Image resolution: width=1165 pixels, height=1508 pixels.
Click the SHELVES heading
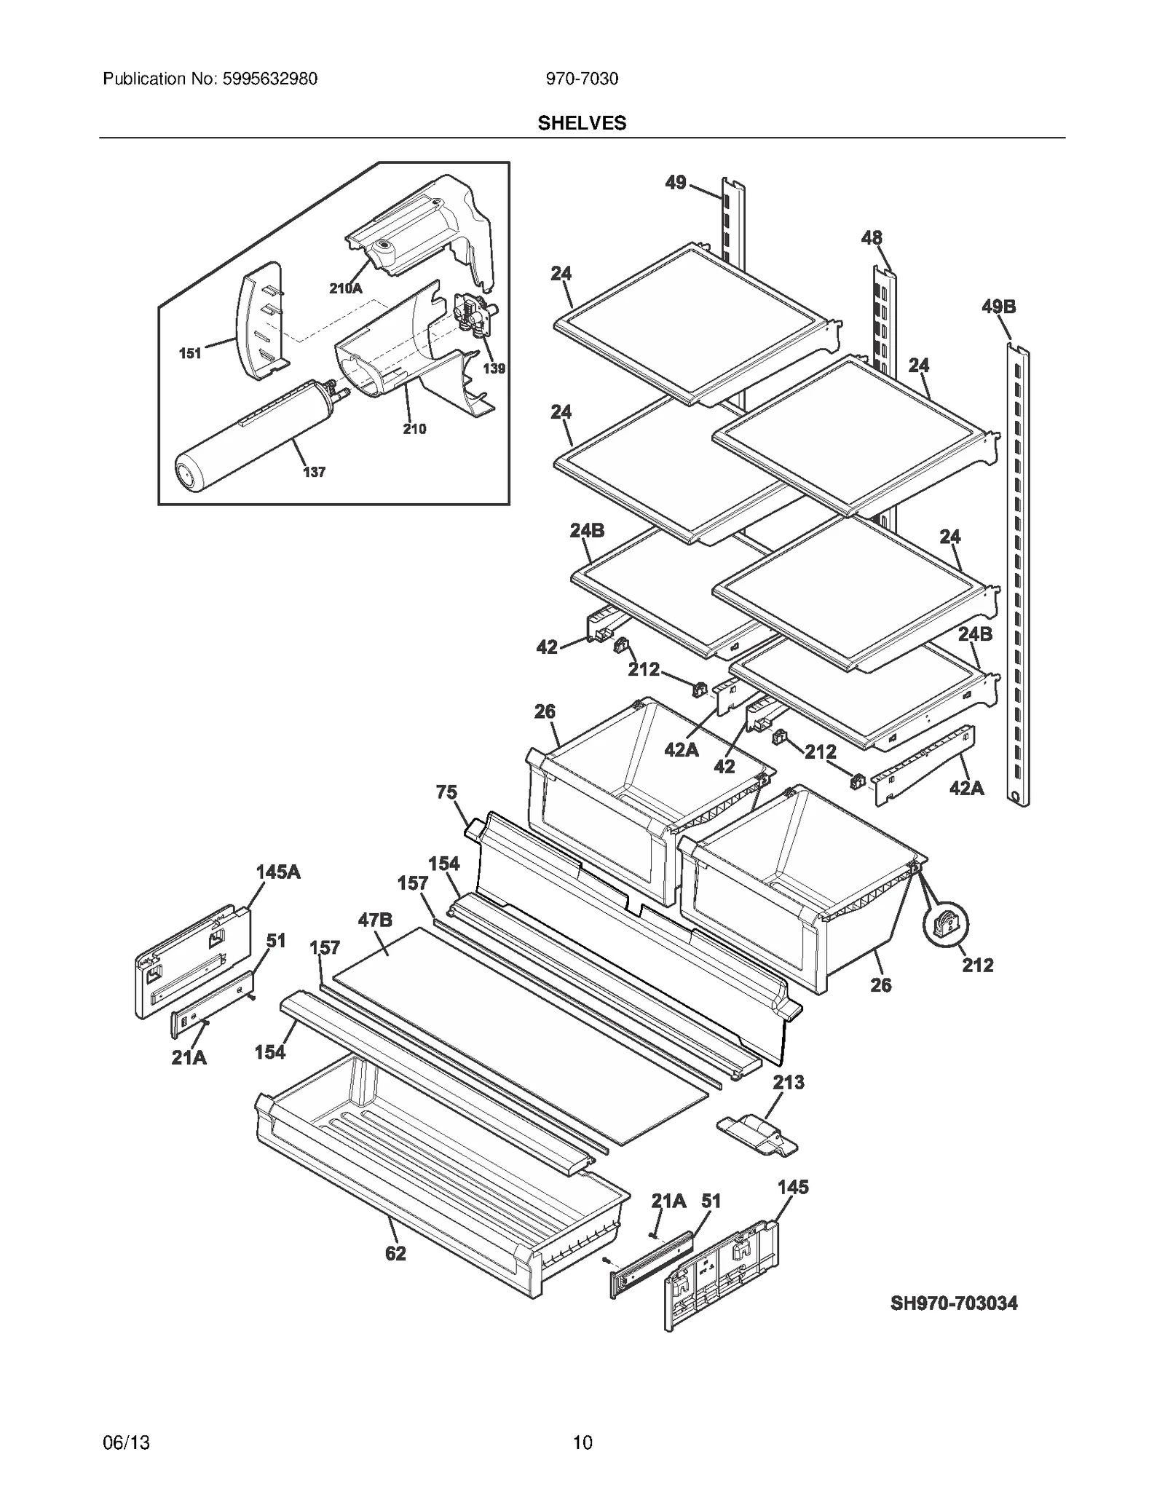(x=581, y=123)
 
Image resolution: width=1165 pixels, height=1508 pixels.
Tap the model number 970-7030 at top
(x=582, y=79)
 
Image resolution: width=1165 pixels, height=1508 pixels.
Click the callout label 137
(x=314, y=472)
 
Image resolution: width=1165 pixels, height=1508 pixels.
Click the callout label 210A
(x=345, y=288)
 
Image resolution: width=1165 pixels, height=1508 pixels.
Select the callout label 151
(x=190, y=353)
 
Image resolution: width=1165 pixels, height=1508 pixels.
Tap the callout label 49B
(x=998, y=307)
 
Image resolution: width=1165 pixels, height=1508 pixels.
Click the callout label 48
(x=871, y=237)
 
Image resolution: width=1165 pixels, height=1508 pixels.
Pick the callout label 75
(x=446, y=791)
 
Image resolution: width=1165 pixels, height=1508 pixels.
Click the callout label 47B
(x=375, y=920)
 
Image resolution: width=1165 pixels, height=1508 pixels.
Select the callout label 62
(x=395, y=1253)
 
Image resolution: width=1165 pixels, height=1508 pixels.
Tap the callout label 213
(x=788, y=1102)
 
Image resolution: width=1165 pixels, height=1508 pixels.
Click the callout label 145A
(x=277, y=872)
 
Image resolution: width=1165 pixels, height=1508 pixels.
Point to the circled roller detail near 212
(x=945, y=925)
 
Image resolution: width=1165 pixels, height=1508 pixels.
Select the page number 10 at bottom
(x=582, y=1442)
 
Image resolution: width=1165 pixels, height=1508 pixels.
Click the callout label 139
(x=494, y=368)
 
